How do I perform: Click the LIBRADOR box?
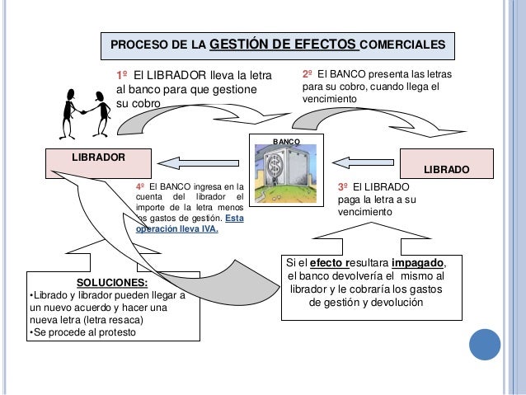98,157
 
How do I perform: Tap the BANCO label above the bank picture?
286,143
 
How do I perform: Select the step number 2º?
309,73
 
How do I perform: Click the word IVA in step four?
205,230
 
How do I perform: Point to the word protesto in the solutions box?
114,332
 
